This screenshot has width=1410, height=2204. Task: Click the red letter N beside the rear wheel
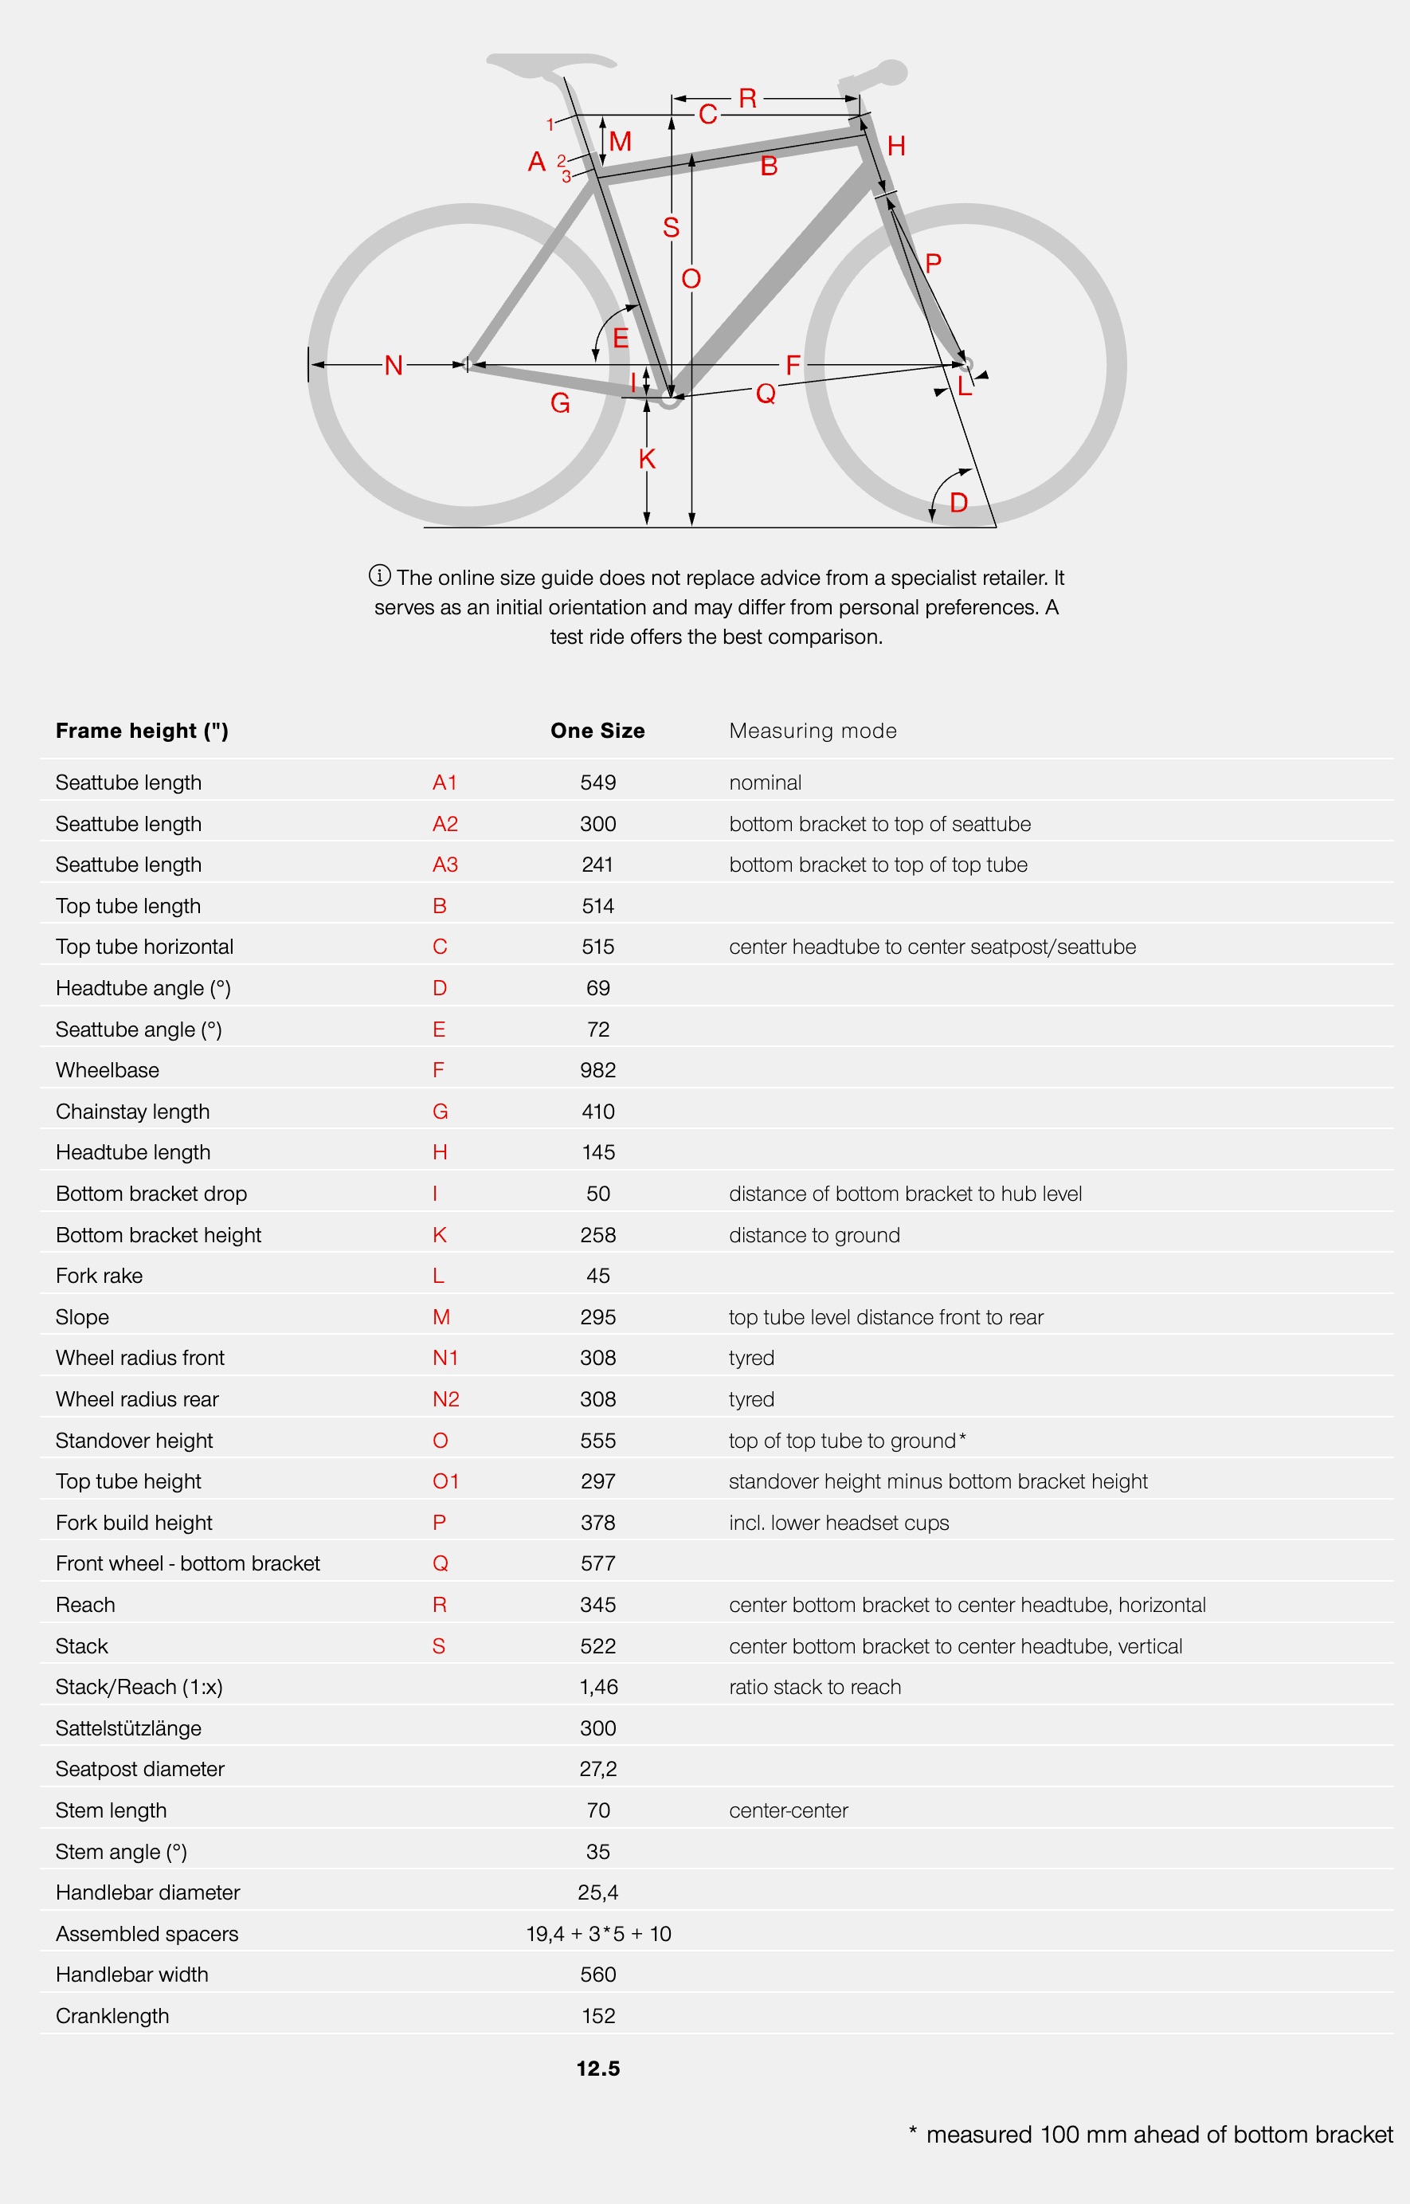(394, 366)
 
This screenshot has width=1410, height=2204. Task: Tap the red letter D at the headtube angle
(958, 502)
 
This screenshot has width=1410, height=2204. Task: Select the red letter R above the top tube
(747, 98)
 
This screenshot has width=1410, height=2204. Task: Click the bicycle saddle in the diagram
(550, 66)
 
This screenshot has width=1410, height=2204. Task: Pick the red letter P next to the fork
(933, 264)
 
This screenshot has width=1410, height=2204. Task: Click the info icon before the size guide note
(379, 575)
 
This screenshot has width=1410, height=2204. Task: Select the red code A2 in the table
(445, 823)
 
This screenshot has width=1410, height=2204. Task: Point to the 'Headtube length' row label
(133, 1152)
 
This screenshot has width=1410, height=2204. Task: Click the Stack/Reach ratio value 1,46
(598, 1687)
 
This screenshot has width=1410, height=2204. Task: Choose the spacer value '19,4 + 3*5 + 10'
(598, 1933)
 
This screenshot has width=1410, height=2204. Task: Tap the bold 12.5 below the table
(598, 2068)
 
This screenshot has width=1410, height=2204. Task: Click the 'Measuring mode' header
(812, 731)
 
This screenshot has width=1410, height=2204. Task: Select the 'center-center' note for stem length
(789, 1810)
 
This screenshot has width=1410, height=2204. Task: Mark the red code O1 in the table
(445, 1480)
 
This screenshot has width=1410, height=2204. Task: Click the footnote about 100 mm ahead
(1151, 2135)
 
